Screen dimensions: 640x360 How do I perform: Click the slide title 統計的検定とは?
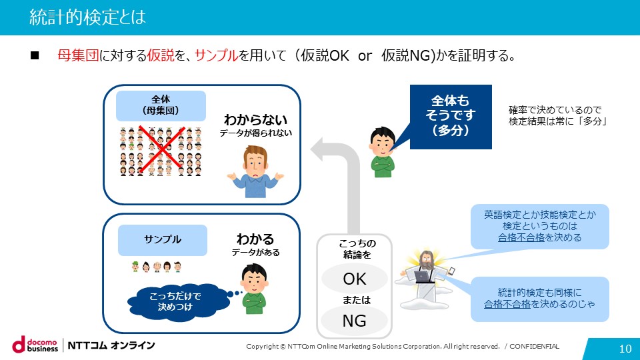coord(87,17)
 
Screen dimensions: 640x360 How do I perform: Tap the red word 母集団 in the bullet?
coord(78,55)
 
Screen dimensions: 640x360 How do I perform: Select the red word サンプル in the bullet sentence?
coord(216,55)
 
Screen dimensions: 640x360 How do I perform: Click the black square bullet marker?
coord(35,55)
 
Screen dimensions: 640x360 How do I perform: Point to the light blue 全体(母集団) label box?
coord(161,106)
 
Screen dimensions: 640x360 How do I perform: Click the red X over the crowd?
coord(161,150)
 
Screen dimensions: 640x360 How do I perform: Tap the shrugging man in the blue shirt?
coord(255,172)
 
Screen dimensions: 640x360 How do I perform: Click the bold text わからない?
coord(255,119)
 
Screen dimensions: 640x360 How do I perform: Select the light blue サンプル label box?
coord(163,240)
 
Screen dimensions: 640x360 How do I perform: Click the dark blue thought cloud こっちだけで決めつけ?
coord(175,301)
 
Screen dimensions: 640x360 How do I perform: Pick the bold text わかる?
coord(255,239)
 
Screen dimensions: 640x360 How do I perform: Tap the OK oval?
coord(354,279)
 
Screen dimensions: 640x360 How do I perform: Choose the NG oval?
coord(354,321)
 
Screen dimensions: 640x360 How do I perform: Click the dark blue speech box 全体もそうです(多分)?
coord(451,117)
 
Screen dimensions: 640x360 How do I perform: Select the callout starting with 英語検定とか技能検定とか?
coord(539,227)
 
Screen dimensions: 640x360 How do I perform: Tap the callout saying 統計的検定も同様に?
coord(539,299)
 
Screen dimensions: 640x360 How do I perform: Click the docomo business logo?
coord(35,345)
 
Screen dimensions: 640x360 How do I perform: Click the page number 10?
coord(625,349)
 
